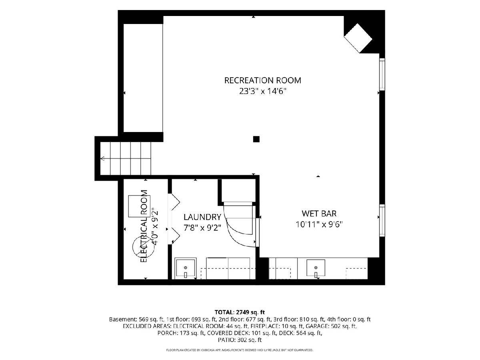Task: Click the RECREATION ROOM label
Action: tap(262, 80)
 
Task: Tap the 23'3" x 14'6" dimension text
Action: tap(263, 91)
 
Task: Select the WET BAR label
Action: tap(319, 214)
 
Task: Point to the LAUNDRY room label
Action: tap(202, 217)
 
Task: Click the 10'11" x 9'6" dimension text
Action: tap(319, 224)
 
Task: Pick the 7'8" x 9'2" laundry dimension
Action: tap(202, 228)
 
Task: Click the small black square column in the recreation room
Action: tap(256, 139)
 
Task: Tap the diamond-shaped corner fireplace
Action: tap(358, 38)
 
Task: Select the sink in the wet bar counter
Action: tap(316, 268)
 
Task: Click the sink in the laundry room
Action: tap(186, 268)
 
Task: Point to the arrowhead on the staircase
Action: tap(102, 158)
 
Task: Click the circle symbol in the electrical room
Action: tap(144, 247)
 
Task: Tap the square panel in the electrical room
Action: tap(139, 206)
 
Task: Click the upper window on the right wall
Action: tap(382, 74)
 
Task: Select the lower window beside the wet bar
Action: tap(382, 220)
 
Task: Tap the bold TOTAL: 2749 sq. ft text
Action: tap(240, 312)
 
